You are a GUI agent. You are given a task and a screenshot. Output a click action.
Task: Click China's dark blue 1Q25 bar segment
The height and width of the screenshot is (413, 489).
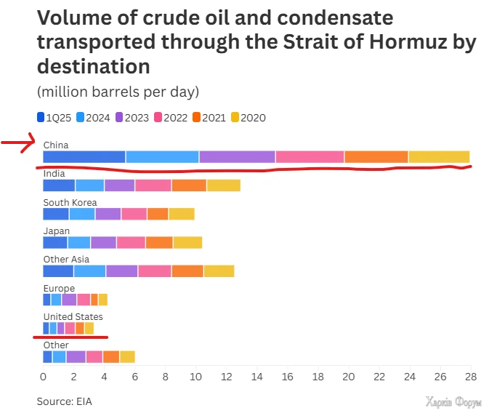click(84, 156)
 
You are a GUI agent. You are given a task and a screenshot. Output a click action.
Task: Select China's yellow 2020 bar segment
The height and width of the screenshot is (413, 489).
click(439, 156)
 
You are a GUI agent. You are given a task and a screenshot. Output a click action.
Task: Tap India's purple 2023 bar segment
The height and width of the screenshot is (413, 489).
click(120, 185)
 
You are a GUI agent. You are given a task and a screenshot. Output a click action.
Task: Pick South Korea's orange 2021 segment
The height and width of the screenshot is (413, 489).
click(158, 214)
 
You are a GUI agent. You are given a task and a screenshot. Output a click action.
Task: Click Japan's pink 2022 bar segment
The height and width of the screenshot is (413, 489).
click(131, 242)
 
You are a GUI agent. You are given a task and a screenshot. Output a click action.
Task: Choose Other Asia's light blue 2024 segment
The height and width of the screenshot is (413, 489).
click(89, 270)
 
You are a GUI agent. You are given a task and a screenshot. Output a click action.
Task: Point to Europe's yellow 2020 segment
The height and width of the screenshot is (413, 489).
click(103, 300)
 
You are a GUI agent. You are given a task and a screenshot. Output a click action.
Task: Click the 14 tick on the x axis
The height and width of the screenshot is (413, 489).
click(257, 377)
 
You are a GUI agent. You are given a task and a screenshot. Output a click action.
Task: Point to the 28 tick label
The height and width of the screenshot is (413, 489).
click(471, 377)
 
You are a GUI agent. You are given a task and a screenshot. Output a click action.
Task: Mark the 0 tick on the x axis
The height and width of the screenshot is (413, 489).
click(43, 377)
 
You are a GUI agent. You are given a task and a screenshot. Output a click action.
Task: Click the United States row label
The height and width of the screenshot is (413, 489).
click(73, 317)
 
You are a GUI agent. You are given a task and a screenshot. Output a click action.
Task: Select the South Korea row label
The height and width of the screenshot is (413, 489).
click(70, 202)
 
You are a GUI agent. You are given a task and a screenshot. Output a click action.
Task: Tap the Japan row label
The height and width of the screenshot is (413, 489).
click(57, 231)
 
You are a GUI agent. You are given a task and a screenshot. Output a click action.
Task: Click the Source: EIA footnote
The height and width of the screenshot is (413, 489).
click(65, 401)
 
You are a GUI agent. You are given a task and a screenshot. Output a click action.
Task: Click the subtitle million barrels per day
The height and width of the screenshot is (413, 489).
click(118, 92)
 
